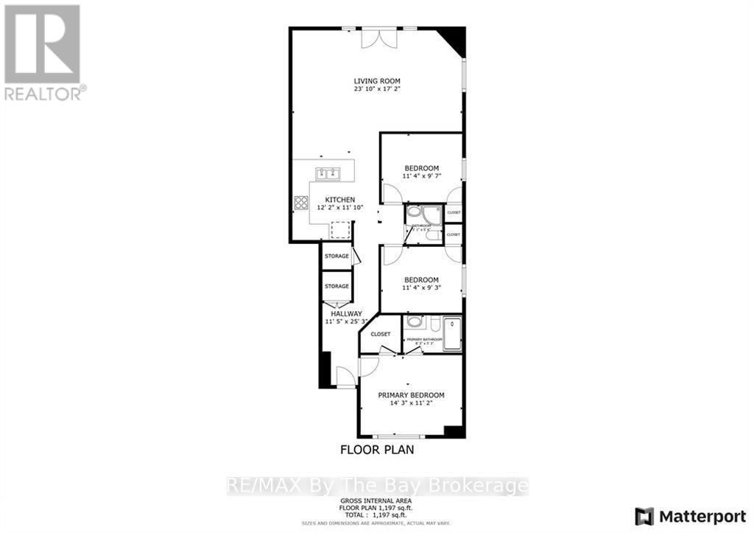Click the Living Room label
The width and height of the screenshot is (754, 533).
pyautogui.click(x=377, y=81)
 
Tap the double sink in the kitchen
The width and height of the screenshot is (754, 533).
pyautogui.click(x=328, y=174)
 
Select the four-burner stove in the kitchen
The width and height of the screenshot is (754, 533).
pyautogui.click(x=300, y=203)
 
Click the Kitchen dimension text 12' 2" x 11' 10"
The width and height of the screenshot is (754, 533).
pyautogui.click(x=336, y=208)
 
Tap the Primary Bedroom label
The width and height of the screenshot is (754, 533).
pyautogui.click(x=411, y=395)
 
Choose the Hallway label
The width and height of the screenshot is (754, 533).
pyautogui.click(x=345, y=314)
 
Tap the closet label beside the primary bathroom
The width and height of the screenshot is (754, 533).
pyautogui.click(x=381, y=334)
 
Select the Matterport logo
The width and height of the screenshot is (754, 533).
pyautogui.click(x=691, y=515)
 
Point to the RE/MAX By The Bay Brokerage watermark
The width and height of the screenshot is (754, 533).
pyautogui.click(x=376, y=485)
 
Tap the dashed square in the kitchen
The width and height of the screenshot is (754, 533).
pyautogui.click(x=339, y=231)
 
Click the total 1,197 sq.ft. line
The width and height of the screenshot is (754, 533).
pyautogui.click(x=376, y=515)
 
